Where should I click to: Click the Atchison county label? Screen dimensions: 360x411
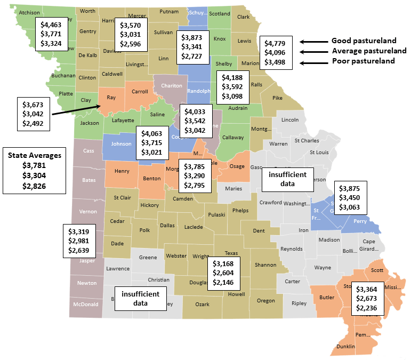click(28, 12)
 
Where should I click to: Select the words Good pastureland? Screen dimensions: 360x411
click(364, 41)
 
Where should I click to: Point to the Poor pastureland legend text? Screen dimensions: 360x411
click(363, 61)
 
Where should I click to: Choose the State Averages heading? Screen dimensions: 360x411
click(34, 155)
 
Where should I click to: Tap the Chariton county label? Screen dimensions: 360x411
click(171, 85)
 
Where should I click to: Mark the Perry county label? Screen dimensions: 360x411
click(360, 220)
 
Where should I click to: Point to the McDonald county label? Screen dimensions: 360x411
click(85, 305)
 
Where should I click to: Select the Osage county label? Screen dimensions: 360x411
click(237, 167)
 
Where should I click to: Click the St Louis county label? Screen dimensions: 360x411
click(320, 153)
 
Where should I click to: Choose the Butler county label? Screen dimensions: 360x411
click(326, 297)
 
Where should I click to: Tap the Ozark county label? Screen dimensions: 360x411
click(202, 304)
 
